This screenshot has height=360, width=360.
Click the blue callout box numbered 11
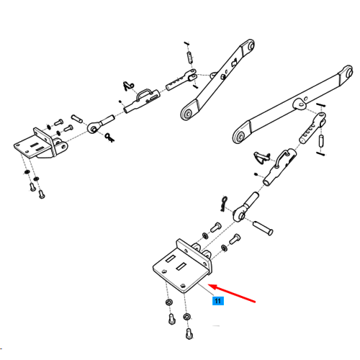[x=218, y=301]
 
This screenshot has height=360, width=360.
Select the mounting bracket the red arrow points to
[x=183, y=266]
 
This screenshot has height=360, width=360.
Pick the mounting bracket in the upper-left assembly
[x=40, y=143]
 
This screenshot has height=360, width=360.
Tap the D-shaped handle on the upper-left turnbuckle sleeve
[x=144, y=94]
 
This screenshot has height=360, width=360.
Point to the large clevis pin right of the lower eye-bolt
[x=263, y=228]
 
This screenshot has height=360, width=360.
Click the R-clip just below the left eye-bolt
[x=109, y=138]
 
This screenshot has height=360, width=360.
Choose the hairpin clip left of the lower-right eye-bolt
[x=224, y=204]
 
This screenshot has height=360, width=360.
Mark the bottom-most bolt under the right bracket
[x=189, y=333]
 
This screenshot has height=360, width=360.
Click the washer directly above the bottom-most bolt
[x=186, y=317]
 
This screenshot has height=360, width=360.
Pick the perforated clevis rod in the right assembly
[x=312, y=128]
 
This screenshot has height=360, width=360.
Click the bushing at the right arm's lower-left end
[x=240, y=137]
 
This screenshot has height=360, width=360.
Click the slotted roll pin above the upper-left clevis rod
[x=189, y=57]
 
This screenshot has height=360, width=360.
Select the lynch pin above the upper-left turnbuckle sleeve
[x=129, y=86]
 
